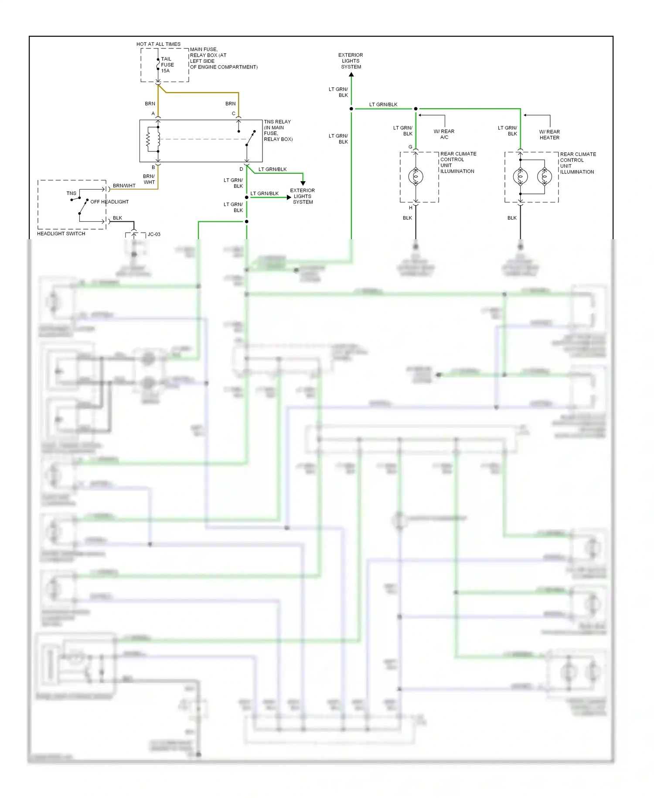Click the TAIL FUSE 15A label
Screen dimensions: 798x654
coord(167,65)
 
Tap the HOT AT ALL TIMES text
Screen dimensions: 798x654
coord(158,44)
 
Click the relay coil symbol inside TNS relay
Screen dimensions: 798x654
coord(148,140)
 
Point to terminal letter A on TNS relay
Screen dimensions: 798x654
coord(153,114)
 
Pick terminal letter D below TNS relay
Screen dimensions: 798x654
coord(241,169)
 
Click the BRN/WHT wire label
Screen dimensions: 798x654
coord(124,186)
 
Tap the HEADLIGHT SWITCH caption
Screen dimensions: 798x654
coord(61,234)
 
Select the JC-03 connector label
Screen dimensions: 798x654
coord(154,234)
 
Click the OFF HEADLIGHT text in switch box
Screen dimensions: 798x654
coord(109,202)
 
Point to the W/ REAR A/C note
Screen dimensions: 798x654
coord(444,134)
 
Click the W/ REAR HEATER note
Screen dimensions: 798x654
coord(549,134)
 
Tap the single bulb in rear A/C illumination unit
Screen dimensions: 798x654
coord(416,177)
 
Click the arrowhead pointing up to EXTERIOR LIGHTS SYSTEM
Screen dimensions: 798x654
coord(351,75)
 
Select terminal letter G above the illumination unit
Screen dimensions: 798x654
coord(410,147)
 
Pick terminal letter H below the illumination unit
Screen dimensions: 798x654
coord(410,208)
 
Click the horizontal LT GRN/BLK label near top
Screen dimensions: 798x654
coord(383,104)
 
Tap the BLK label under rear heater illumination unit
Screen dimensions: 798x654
coord(512,218)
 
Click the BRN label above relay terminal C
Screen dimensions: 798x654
coord(230,103)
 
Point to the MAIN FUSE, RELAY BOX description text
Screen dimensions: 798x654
coord(223,58)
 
